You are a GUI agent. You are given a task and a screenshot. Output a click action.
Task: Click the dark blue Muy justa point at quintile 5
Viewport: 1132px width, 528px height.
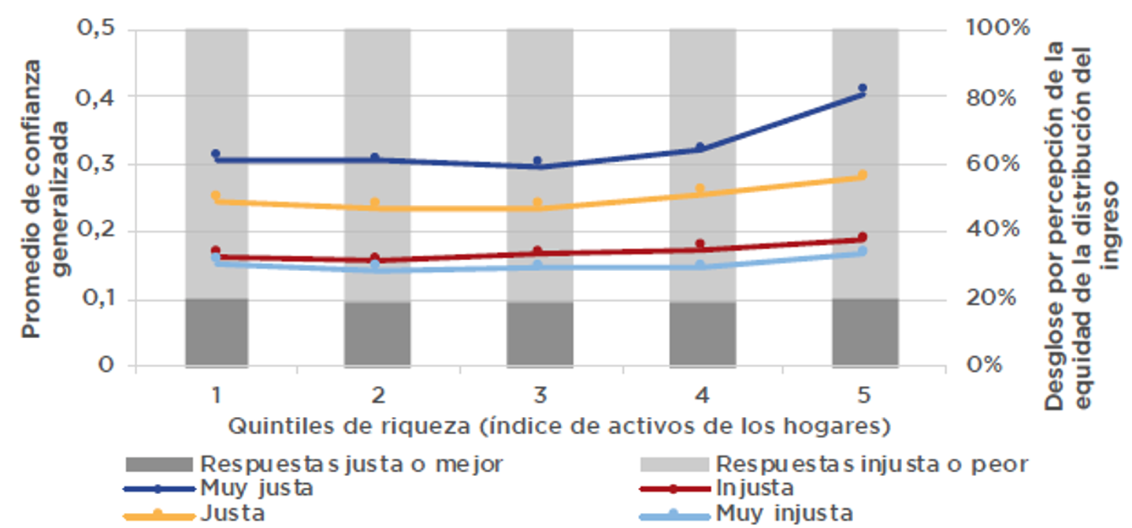[862, 88]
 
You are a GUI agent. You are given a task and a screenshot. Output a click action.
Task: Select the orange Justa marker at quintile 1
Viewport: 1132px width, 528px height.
[216, 195]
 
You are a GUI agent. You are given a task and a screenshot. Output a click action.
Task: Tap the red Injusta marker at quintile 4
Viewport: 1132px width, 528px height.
[700, 244]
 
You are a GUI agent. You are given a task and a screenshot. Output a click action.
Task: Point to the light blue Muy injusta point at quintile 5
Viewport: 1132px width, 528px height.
[862, 251]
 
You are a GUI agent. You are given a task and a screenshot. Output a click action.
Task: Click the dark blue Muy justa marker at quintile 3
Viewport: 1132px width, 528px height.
[537, 161]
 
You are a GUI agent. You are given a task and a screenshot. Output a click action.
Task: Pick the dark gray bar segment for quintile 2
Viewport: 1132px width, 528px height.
[377, 333]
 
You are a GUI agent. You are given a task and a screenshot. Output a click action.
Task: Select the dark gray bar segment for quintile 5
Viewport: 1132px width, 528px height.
[865, 332]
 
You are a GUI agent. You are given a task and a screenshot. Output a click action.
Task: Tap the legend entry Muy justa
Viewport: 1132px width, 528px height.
[257, 488]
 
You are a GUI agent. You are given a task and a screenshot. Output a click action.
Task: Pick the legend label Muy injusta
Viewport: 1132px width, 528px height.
[784, 514]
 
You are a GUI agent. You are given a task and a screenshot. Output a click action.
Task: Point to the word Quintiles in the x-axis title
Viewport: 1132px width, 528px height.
[272, 427]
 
